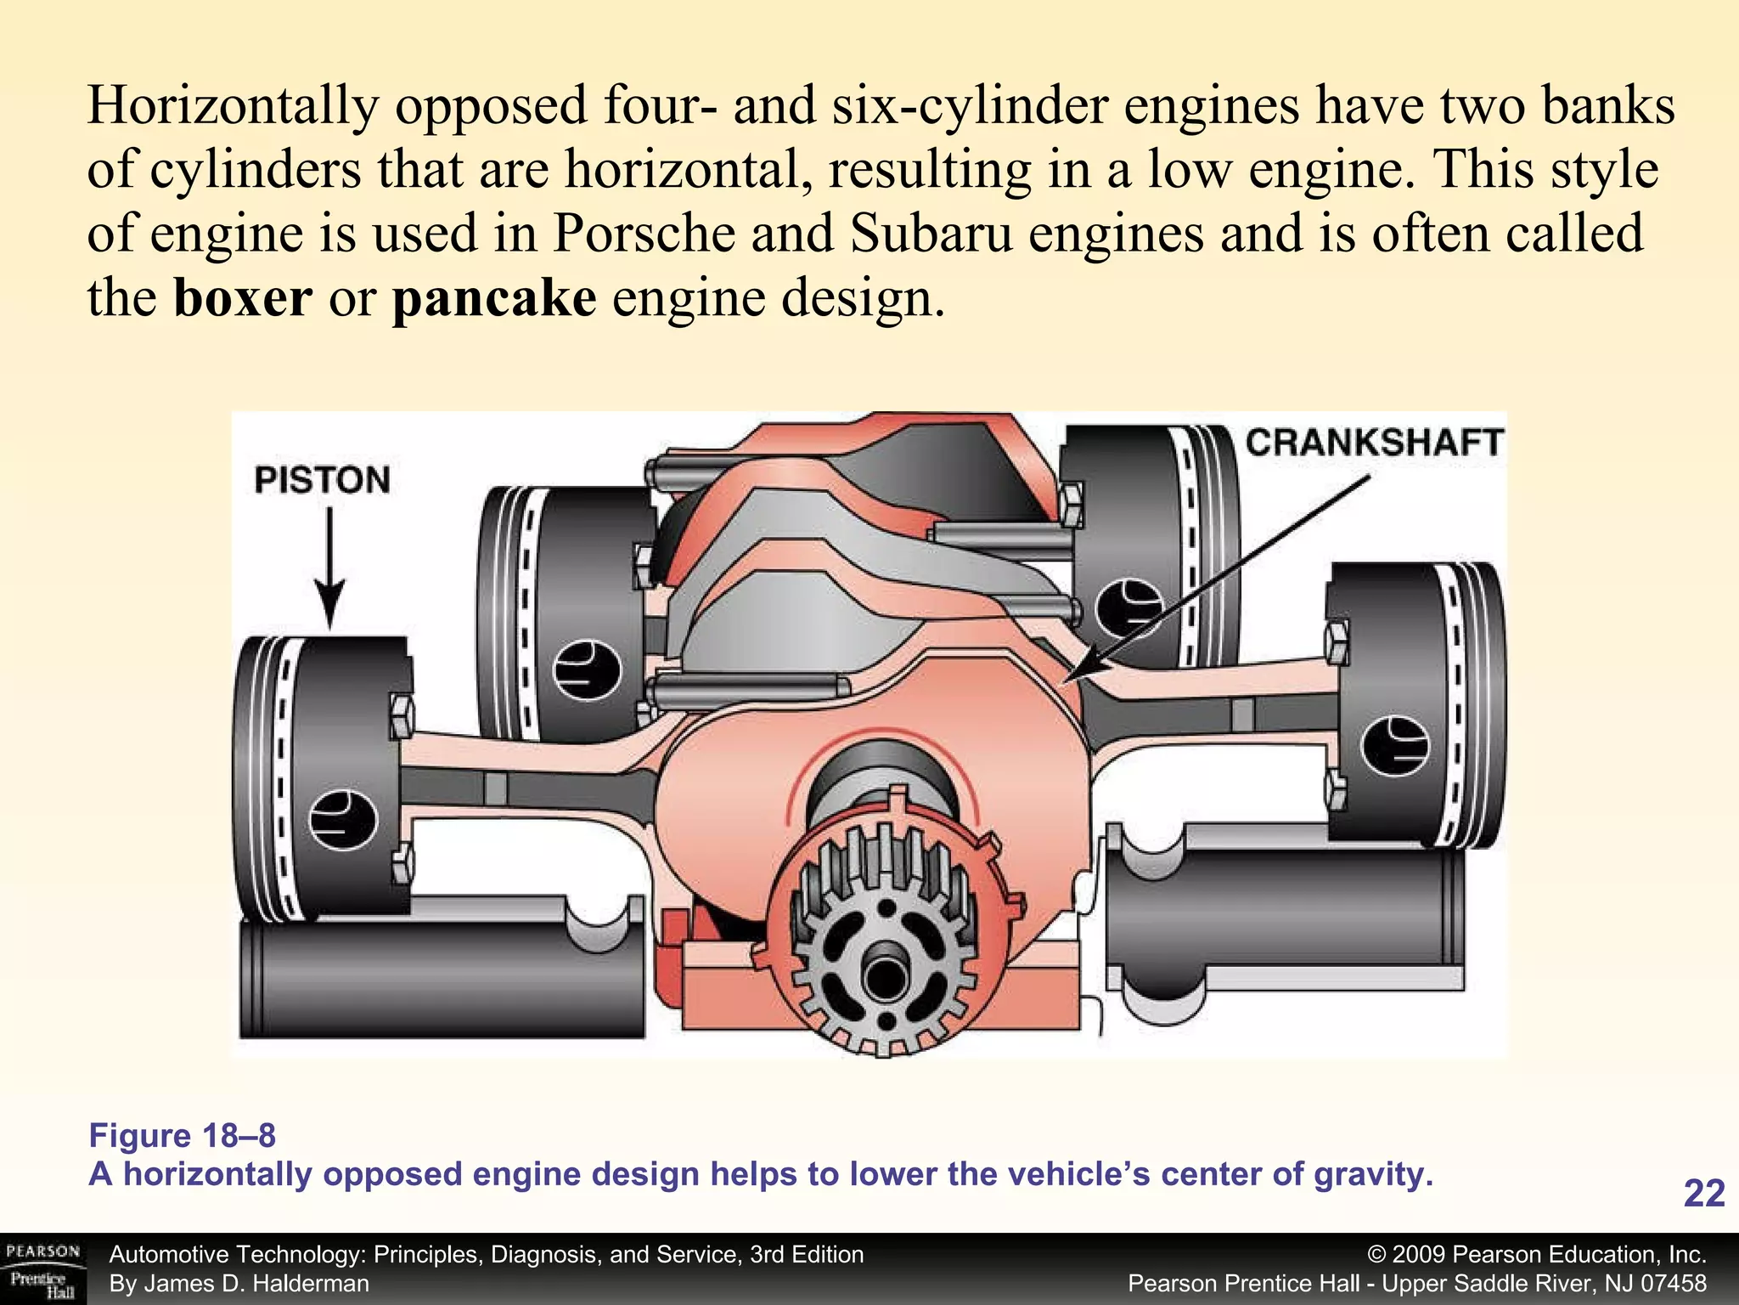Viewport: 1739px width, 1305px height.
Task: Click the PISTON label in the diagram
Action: coord(322,480)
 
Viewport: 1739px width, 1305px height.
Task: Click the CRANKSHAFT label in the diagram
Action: coord(1374,443)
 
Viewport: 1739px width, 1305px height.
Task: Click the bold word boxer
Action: coord(243,298)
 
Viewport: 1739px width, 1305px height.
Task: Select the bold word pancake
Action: coord(493,298)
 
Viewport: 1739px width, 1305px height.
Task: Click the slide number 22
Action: coord(1703,1194)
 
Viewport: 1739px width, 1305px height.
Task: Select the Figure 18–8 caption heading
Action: coord(183,1136)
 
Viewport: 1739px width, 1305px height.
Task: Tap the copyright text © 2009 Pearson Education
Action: coord(1537,1254)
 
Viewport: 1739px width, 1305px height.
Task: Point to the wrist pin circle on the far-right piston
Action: coord(1393,745)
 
